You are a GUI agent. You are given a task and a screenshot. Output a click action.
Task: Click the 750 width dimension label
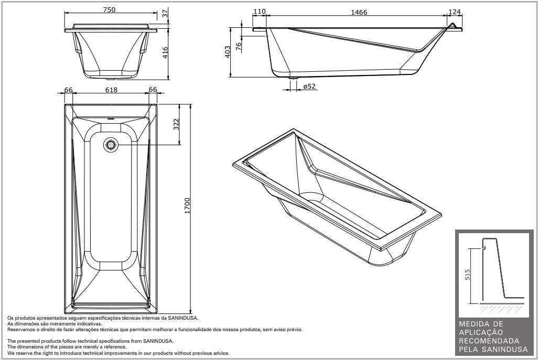tap(109, 9)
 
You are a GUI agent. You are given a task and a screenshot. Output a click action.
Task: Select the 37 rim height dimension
tap(166, 14)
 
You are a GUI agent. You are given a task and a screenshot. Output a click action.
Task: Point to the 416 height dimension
tap(166, 52)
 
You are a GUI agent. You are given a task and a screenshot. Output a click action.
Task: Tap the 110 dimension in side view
tap(259, 12)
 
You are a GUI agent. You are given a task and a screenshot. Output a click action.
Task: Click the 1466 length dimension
tap(359, 12)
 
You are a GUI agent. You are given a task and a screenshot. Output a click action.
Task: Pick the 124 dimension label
tap(455, 12)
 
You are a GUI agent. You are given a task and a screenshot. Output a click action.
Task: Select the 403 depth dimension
tap(228, 52)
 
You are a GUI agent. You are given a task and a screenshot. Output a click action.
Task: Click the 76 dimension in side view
tap(239, 46)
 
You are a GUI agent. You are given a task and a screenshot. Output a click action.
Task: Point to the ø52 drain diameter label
tap(309, 86)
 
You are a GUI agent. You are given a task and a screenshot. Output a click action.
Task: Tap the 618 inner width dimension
tap(111, 90)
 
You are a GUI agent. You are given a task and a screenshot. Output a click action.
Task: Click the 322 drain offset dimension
tap(177, 124)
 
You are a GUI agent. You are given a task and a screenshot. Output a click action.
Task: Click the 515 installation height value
tap(467, 275)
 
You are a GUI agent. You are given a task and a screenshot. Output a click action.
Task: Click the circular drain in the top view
tap(111, 145)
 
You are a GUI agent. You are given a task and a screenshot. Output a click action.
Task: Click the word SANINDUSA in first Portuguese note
tap(184, 318)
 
